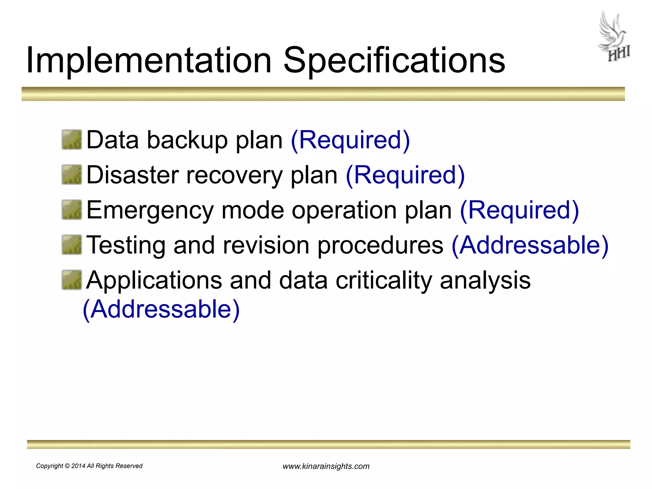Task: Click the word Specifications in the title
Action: [394, 60]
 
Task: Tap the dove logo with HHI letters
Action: [614, 37]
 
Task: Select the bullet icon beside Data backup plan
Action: [72, 139]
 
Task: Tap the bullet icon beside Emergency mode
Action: [72, 209]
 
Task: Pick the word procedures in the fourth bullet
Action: [380, 246]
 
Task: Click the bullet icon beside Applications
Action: [72, 280]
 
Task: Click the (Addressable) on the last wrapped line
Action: [161, 309]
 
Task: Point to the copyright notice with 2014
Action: [89, 466]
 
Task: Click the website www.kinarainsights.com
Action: [326, 466]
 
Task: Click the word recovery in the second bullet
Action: [234, 176]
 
